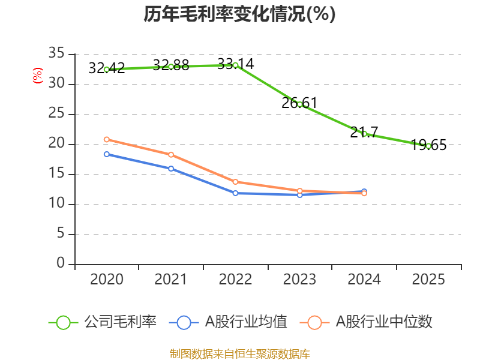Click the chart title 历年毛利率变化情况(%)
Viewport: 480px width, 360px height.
(239, 14)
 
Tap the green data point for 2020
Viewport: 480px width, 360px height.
(107, 70)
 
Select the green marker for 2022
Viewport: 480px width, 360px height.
(235, 65)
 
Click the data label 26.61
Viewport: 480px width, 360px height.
(299, 103)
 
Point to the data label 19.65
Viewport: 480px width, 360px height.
(428, 145)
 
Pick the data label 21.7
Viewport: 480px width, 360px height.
(364, 132)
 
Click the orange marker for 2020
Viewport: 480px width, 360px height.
(107, 140)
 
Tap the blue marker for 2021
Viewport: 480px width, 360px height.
(171, 169)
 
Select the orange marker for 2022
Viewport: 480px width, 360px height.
(235, 182)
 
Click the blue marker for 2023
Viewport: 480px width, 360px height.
(299, 194)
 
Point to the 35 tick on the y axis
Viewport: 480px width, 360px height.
(56, 53)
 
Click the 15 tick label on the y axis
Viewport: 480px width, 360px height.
(56, 173)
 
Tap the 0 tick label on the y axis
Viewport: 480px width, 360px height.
(61, 263)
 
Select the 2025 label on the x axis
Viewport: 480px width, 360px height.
(428, 280)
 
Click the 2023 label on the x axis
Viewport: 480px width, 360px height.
(299, 280)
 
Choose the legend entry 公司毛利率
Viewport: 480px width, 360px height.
(103, 322)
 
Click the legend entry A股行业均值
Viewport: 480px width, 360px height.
(228, 322)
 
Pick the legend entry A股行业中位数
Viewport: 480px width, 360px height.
(366, 322)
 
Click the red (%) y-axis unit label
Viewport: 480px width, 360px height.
(38, 76)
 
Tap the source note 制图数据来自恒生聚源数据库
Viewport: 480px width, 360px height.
(240, 354)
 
